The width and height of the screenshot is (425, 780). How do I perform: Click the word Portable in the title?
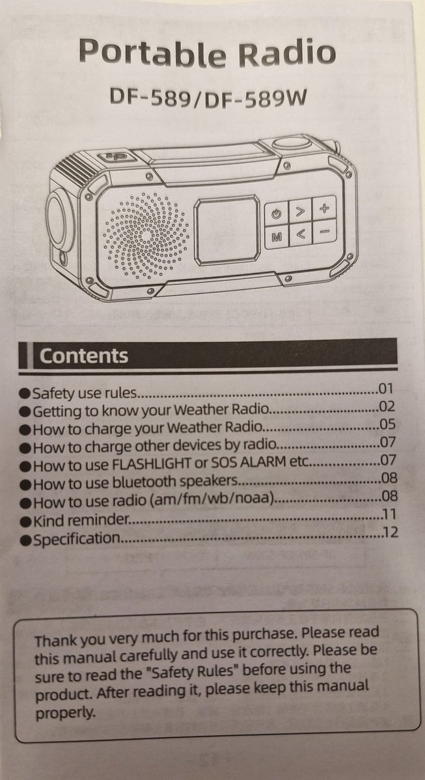152,53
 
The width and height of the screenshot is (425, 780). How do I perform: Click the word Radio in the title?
287,53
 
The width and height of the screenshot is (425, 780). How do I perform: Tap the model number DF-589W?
255,99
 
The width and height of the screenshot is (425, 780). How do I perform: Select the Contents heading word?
84,356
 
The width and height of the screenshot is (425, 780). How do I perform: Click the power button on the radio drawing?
277,214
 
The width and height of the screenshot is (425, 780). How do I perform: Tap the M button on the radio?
277,237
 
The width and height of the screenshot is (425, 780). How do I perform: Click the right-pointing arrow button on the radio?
300,211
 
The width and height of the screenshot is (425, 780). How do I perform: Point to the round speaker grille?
146,236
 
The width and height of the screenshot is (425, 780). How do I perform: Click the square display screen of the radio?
227,230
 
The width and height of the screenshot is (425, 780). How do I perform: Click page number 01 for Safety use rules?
386,389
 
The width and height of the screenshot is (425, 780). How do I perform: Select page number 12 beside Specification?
391,532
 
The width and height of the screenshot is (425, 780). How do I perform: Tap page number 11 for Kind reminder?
389,514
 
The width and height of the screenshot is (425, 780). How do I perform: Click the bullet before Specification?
25,540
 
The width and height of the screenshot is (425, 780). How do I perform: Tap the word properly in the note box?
65,714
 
